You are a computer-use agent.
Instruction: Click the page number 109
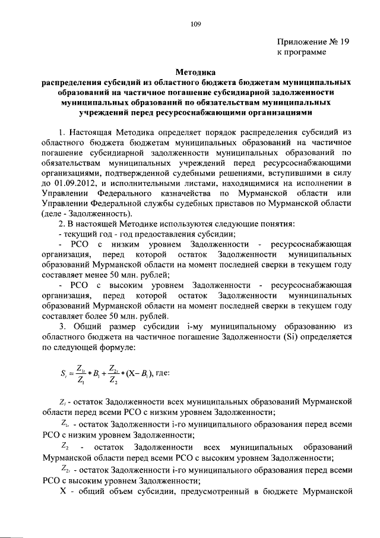pos(196,24)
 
